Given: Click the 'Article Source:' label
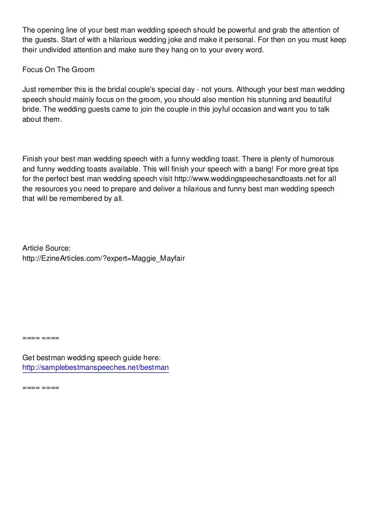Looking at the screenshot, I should click(x=47, y=248).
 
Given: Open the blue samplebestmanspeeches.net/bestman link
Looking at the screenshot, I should click(x=96, y=367).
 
